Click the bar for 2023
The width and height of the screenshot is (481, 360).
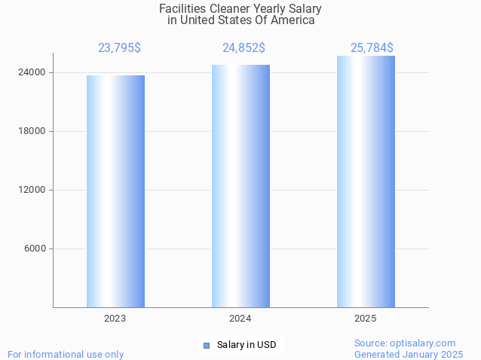(115, 191)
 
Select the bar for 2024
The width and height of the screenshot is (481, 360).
(240, 186)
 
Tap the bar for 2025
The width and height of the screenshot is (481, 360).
(366, 182)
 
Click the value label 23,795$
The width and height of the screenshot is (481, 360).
(119, 48)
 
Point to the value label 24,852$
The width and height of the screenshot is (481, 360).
(244, 48)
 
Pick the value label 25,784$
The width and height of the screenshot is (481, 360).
(372, 48)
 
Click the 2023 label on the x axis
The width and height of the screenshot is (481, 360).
(115, 319)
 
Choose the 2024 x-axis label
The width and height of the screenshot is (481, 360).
(240, 319)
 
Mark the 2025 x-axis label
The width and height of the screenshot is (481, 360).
(366, 319)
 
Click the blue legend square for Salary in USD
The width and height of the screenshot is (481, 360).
(206, 346)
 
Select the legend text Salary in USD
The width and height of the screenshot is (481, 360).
(247, 346)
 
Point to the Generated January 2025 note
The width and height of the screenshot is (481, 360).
(409, 354)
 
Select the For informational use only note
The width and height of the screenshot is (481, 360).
(66, 354)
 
